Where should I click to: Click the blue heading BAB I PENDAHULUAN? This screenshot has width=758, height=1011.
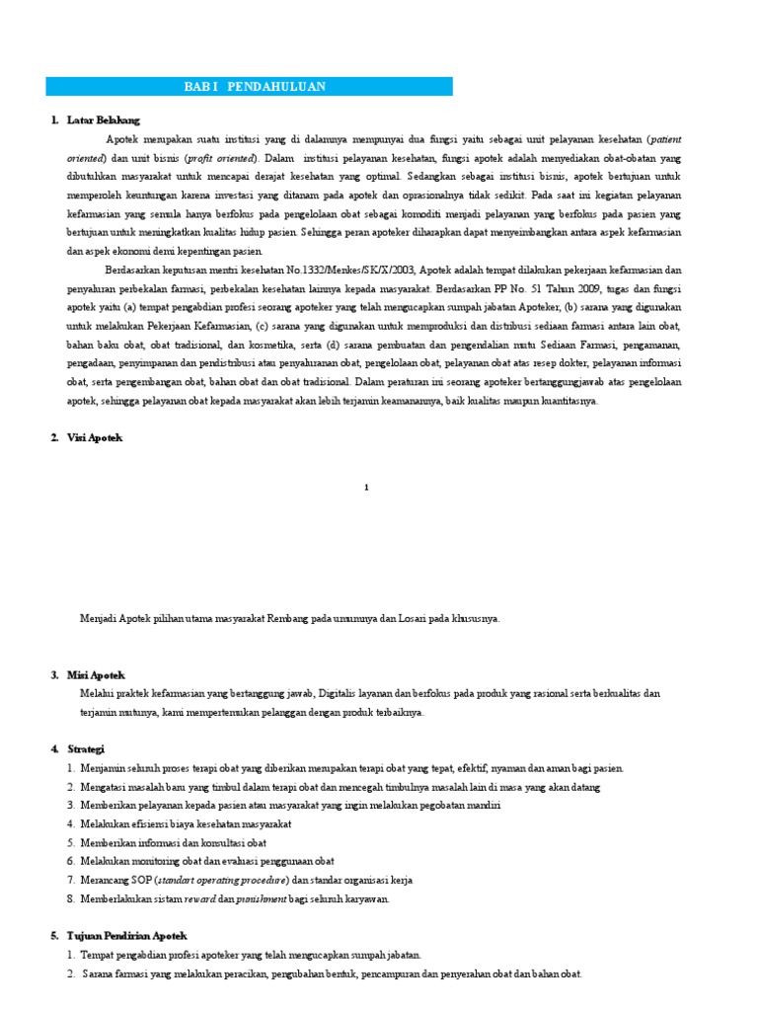tap(254, 87)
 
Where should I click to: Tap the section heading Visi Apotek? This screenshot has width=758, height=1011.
tap(95, 437)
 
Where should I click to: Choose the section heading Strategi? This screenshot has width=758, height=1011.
tap(85, 749)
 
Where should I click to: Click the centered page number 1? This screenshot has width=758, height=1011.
tap(366, 487)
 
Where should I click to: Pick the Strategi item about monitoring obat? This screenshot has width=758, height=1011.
tap(193, 861)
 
